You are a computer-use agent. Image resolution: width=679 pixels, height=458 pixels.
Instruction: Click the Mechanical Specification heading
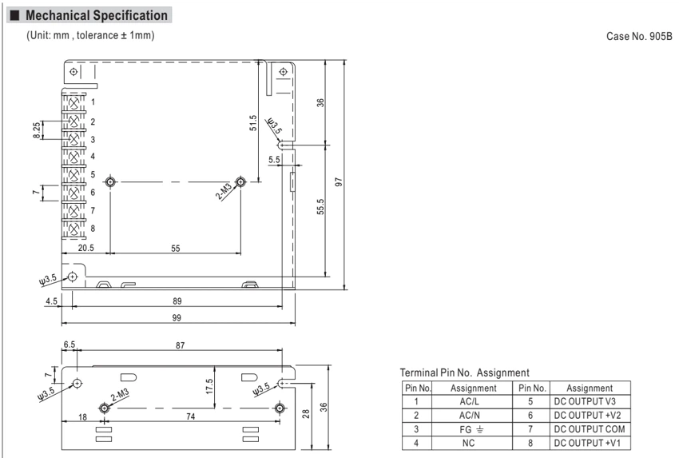click(x=96, y=16)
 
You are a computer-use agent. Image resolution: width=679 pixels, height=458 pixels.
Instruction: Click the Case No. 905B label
click(x=639, y=37)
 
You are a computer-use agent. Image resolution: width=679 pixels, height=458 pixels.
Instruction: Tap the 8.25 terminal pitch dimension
click(x=37, y=130)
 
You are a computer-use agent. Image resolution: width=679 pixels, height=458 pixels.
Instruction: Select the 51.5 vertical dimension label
click(x=253, y=122)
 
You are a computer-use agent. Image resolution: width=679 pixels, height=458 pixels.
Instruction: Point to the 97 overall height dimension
click(x=339, y=182)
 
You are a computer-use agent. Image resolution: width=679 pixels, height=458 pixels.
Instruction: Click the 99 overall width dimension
click(x=177, y=317)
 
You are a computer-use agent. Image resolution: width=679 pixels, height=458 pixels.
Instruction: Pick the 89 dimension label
click(x=177, y=301)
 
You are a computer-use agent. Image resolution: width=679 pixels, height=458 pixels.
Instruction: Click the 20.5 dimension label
click(x=85, y=248)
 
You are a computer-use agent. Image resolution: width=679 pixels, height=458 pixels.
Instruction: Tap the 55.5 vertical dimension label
click(x=320, y=207)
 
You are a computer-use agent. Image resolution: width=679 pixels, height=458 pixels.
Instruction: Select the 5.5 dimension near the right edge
click(x=274, y=159)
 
